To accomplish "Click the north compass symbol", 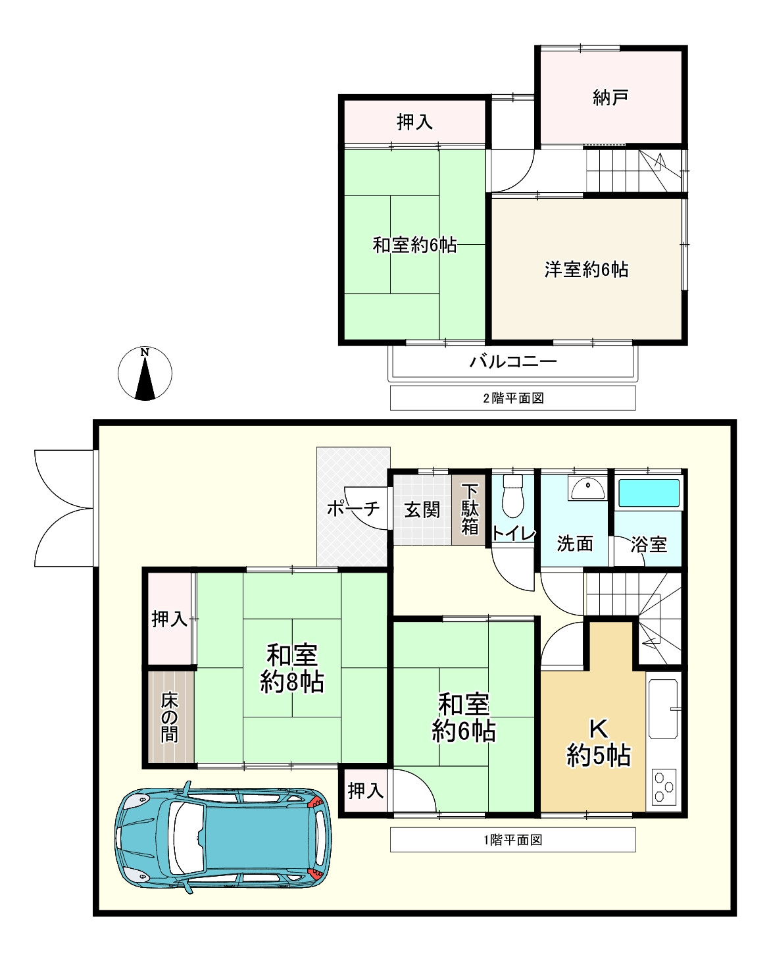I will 145,373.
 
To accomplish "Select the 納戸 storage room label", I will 610,98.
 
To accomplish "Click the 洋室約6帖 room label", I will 586,269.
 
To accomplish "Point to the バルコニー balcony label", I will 513,361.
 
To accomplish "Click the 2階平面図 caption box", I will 512,398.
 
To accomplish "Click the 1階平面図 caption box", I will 512,840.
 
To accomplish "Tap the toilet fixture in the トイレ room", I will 512,497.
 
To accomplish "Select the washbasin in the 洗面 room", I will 587,489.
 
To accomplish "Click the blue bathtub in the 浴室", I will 649,493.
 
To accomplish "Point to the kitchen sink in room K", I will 663,709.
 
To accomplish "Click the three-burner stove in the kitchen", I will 664,787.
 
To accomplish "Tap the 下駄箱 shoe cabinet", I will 469,509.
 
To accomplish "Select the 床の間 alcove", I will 170,717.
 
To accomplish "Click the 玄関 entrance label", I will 422,509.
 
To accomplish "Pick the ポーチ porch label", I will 353,509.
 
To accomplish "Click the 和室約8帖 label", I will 292,669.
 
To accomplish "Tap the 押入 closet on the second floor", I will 414,122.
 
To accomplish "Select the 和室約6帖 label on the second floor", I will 414,245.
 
